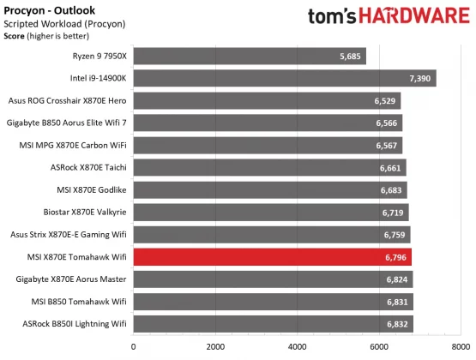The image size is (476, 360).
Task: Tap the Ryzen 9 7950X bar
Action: point(250,57)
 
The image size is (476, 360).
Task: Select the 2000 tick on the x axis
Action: point(215,346)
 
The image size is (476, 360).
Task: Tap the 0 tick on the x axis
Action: point(133,346)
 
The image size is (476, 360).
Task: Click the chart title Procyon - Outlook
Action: point(44,9)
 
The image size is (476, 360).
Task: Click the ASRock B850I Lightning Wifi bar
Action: point(274,324)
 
